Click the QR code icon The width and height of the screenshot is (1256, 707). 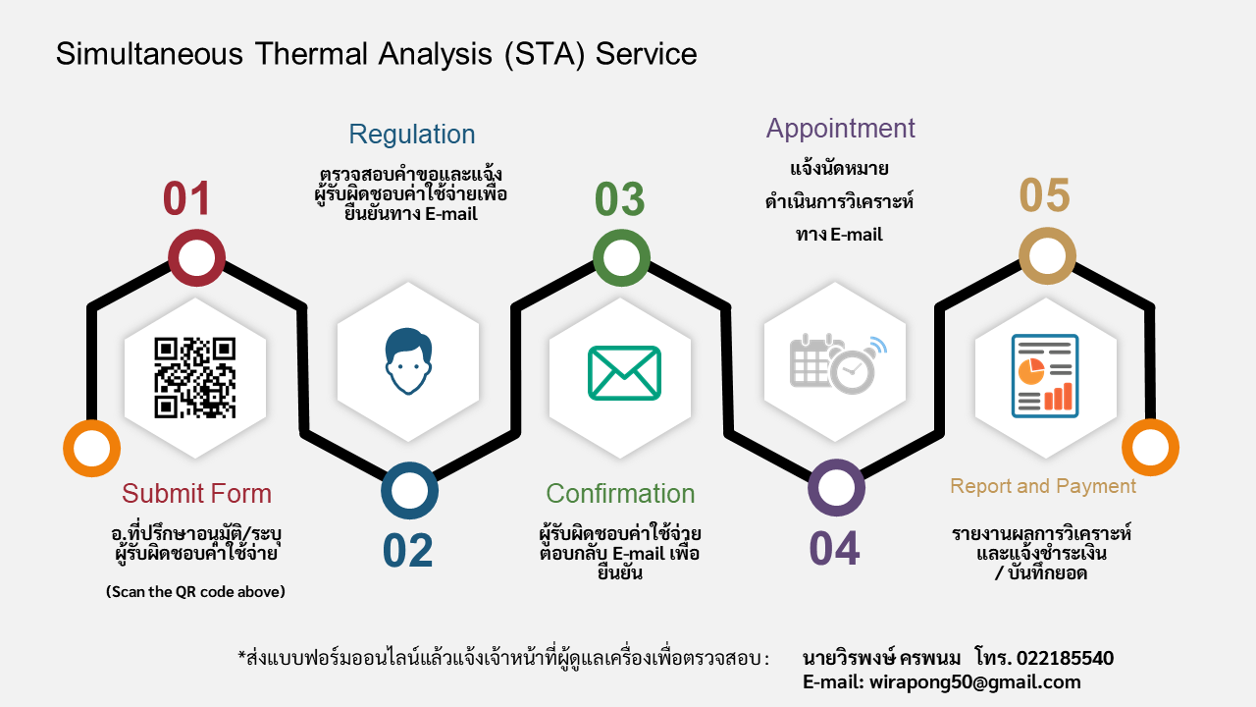click(x=195, y=377)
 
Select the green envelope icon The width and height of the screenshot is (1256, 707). click(x=624, y=373)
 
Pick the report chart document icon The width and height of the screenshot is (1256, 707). click(x=1045, y=375)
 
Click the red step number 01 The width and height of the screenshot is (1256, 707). click(x=186, y=198)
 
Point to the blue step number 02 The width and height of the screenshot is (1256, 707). click(x=407, y=551)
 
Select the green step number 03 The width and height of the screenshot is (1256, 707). click(x=619, y=198)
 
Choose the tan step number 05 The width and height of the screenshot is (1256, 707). click(x=1044, y=195)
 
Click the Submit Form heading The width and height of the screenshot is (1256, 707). click(x=196, y=493)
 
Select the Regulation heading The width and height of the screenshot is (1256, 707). click(x=412, y=135)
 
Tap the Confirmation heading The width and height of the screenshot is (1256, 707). click(x=620, y=493)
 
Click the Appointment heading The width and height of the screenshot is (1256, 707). click(x=840, y=129)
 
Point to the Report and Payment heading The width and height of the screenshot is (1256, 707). click(x=1042, y=486)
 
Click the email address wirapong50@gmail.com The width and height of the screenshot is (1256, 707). click(x=974, y=682)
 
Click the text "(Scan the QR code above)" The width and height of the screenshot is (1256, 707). click(x=195, y=591)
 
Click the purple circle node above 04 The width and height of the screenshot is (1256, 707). click(x=836, y=488)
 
